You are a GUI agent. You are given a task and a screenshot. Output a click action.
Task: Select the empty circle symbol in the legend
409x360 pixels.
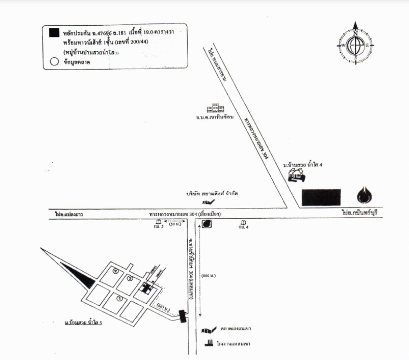click(x=54, y=63)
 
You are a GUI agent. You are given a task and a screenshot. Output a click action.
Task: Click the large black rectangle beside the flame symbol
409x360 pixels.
click(x=321, y=198)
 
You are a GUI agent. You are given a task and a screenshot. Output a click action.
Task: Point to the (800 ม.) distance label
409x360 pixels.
click(x=208, y=275)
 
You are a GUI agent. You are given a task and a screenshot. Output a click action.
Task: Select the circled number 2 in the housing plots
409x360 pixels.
click(x=116, y=271)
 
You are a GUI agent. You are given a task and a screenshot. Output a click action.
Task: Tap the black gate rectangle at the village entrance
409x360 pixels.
click(x=182, y=316)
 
